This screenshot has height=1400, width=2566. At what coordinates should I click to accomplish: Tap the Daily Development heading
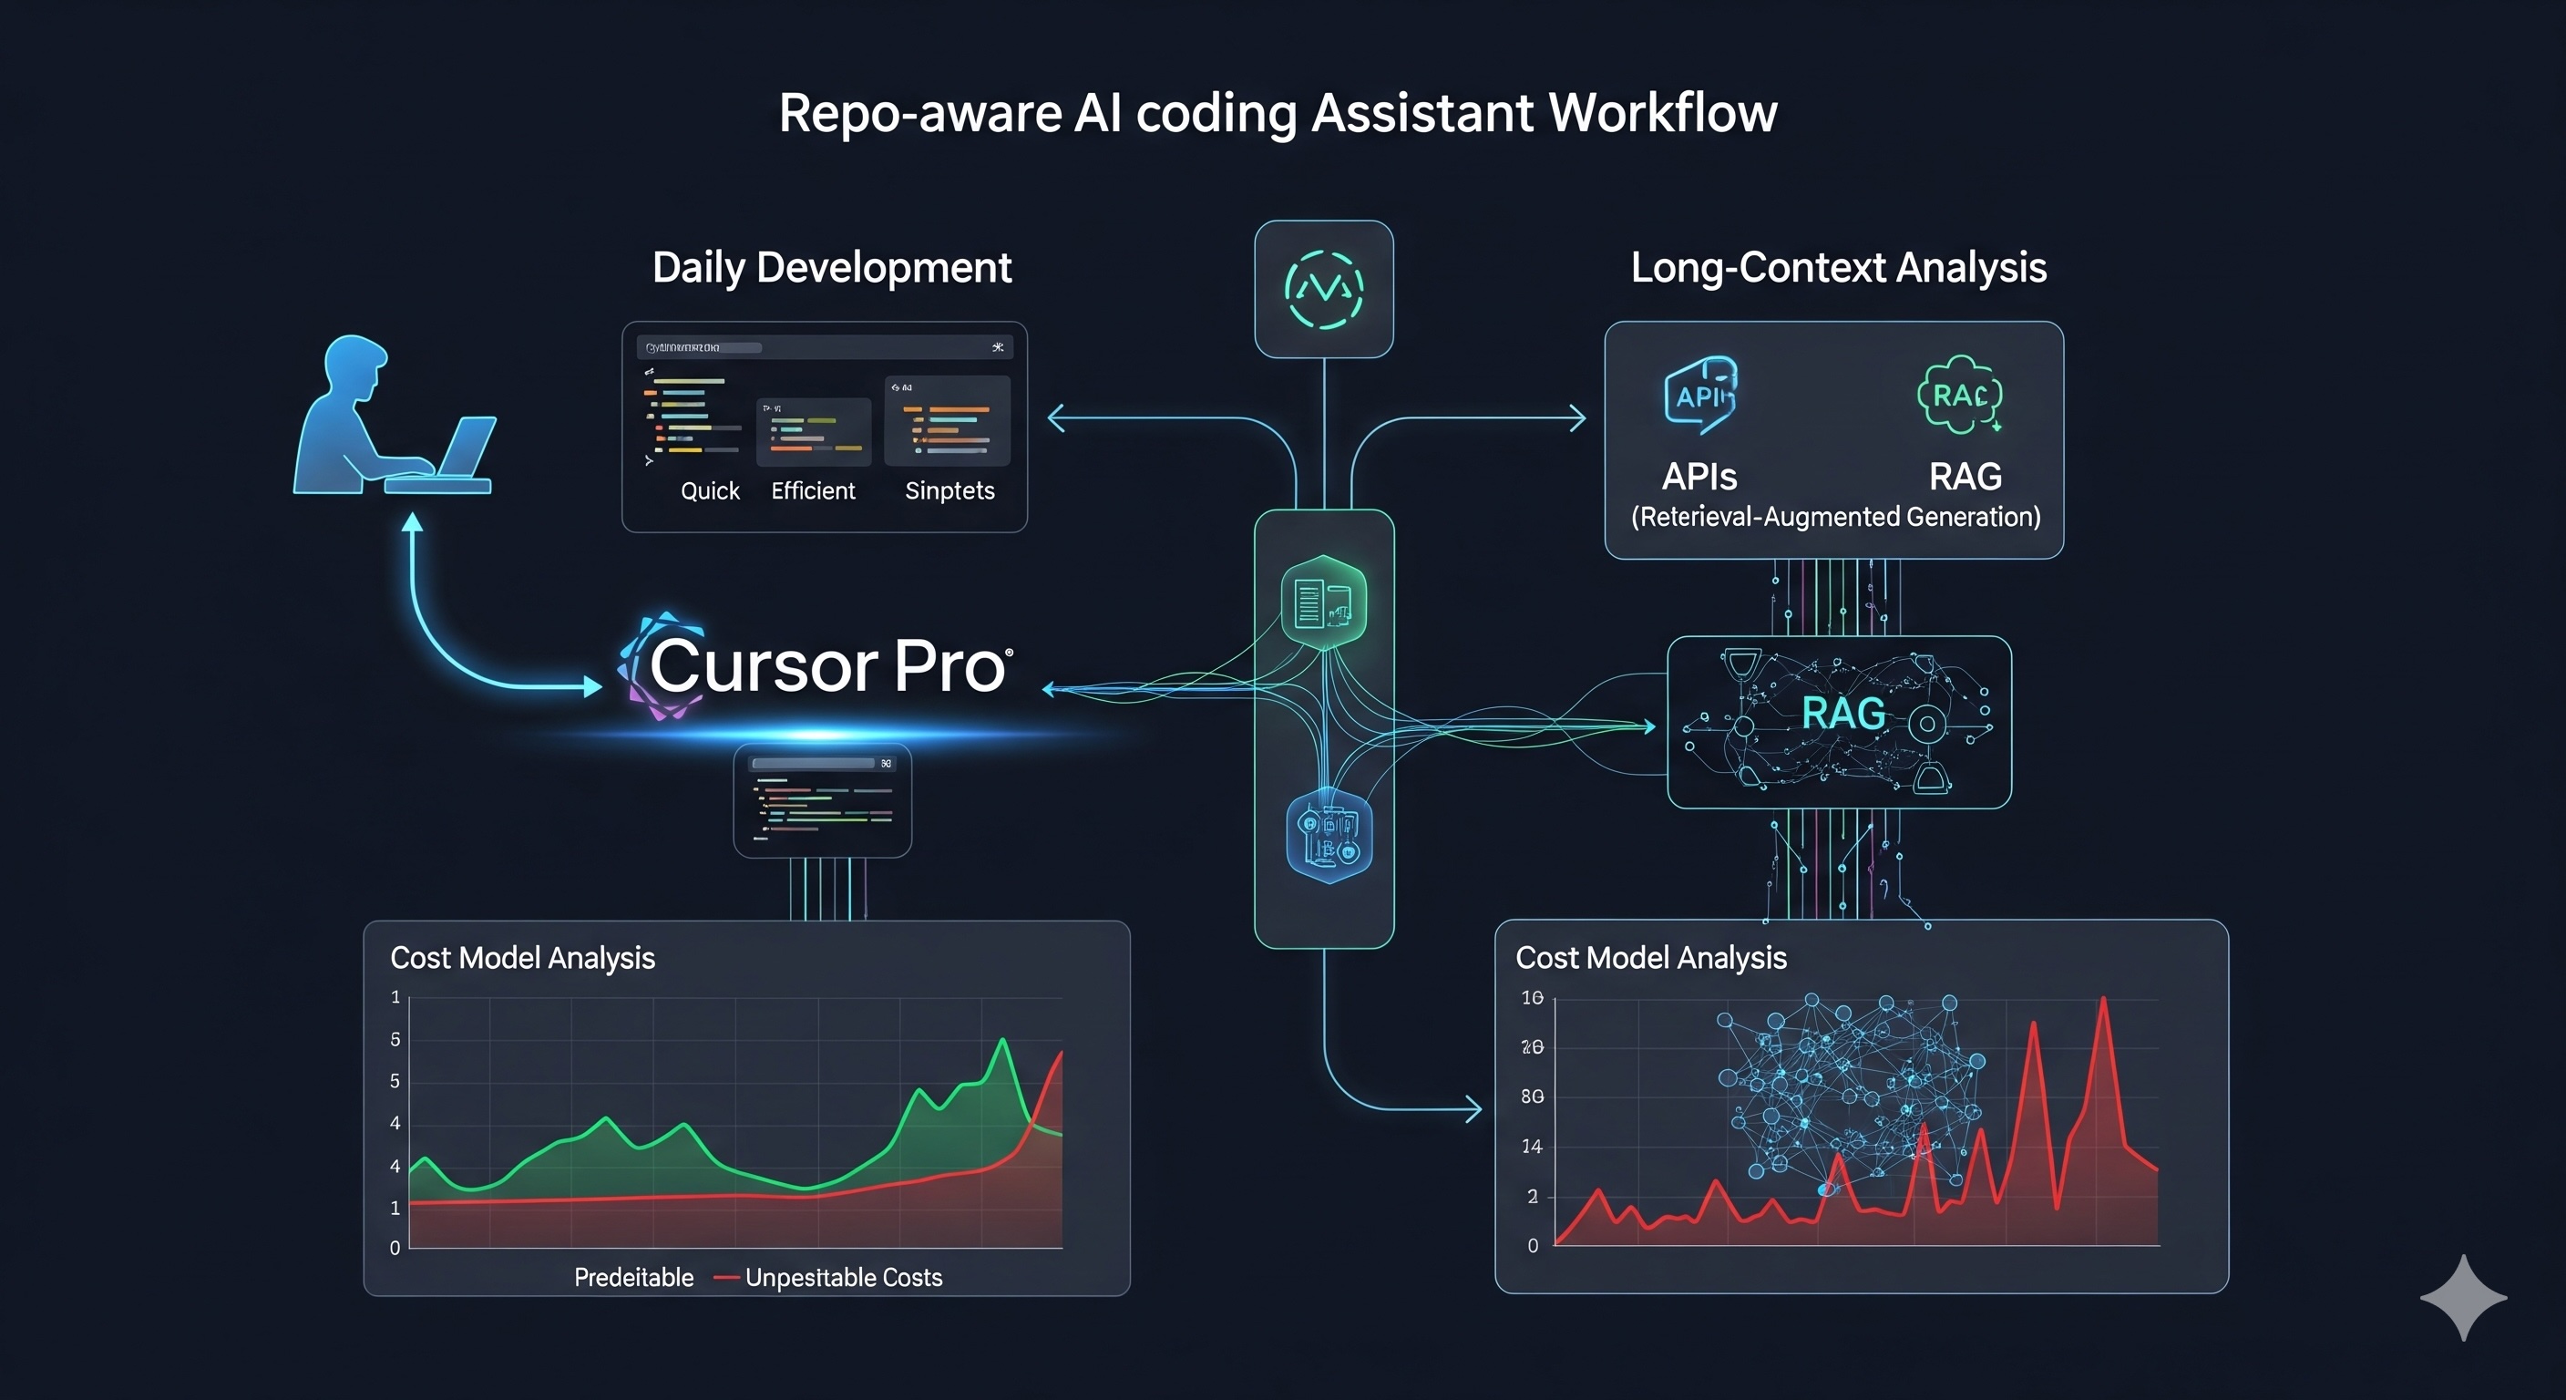click(x=832, y=267)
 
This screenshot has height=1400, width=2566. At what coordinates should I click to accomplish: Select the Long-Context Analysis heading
click(x=1838, y=267)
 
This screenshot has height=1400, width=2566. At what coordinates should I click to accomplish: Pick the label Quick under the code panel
click(x=709, y=490)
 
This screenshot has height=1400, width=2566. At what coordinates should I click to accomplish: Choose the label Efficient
click(x=813, y=490)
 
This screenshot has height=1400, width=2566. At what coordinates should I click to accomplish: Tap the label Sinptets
click(x=949, y=490)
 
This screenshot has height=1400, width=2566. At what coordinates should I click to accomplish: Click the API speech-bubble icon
click(x=1700, y=395)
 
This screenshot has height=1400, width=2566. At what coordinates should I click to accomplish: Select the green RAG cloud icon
click(x=1959, y=395)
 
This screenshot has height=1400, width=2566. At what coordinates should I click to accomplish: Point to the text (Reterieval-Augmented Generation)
click(x=1835, y=516)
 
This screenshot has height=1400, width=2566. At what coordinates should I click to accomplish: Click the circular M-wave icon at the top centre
click(x=1324, y=289)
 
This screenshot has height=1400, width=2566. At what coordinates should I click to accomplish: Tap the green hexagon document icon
click(x=1323, y=602)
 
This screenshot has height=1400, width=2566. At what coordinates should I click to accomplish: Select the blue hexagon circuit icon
click(x=1329, y=836)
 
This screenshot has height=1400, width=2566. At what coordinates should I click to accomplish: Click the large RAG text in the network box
click(x=1842, y=714)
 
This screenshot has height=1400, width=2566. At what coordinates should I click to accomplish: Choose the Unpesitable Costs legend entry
click(x=843, y=1278)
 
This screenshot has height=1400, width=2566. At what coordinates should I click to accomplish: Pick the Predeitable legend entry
click(x=633, y=1278)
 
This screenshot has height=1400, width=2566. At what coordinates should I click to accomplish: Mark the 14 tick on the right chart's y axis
click(x=1532, y=1146)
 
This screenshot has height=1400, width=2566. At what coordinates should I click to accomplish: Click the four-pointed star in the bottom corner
click(x=2462, y=1297)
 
